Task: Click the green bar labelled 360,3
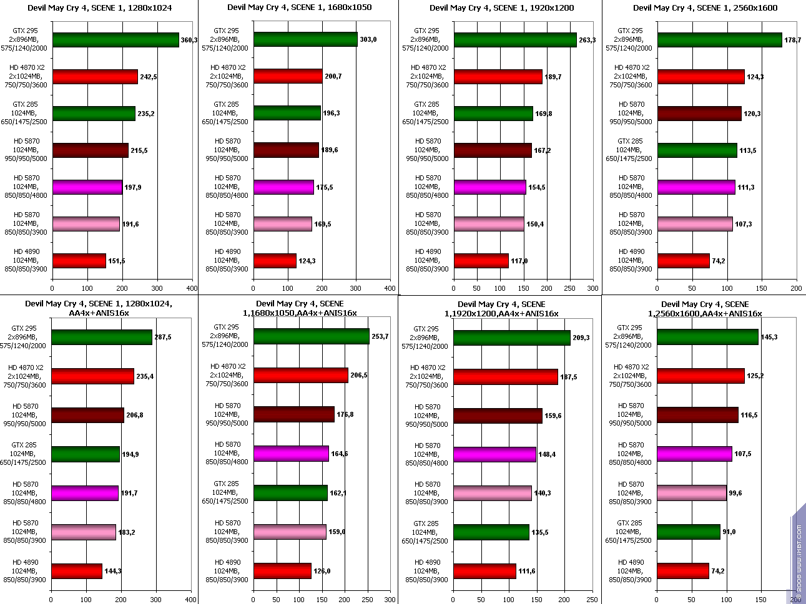[116, 40]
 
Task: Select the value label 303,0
[368, 40]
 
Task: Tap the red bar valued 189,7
[498, 77]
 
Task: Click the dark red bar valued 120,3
[699, 114]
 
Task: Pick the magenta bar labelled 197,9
[87, 187]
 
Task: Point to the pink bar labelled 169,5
[283, 224]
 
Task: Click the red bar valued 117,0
[481, 261]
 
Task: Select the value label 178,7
[793, 40]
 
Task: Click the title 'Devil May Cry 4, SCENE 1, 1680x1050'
[299, 8]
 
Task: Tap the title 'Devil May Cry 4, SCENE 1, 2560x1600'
[705, 8]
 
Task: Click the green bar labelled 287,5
[102, 337]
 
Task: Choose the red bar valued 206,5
[301, 375]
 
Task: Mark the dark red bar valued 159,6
[498, 416]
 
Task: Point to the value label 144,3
[113, 571]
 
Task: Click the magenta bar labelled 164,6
[291, 454]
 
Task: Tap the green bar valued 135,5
[491, 532]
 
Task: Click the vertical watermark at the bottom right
[799, 562]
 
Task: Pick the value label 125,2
[755, 376]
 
